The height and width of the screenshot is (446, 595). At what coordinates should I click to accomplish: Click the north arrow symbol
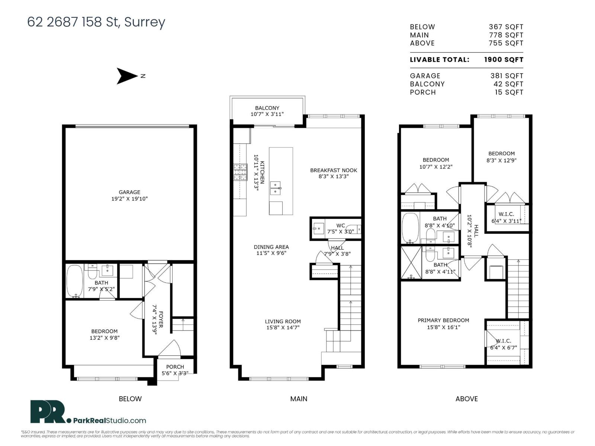[x=127, y=76]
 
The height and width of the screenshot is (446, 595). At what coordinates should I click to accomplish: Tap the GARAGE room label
[x=129, y=192]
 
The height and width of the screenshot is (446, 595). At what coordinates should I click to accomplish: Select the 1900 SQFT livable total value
[x=504, y=59]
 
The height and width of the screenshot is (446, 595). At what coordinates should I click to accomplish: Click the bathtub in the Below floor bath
[x=75, y=281]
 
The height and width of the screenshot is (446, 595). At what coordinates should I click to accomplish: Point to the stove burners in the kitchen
[x=240, y=172]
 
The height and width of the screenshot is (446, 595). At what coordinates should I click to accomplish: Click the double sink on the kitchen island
[x=276, y=188]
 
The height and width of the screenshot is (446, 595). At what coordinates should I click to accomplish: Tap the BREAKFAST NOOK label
[x=334, y=170]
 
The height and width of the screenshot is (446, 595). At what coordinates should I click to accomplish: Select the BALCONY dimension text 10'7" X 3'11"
[x=267, y=114]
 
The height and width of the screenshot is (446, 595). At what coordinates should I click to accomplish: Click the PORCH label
[x=175, y=367]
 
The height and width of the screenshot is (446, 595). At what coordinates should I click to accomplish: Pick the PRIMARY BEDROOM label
[x=443, y=320]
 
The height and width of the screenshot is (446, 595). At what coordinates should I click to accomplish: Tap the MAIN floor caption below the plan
[x=299, y=399]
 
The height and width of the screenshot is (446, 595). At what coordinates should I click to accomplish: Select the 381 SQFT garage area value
[x=506, y=76]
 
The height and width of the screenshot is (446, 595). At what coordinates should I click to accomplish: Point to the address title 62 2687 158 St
[x=96, y=22]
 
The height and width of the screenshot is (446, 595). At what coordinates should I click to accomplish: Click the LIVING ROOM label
[x=283, y=321]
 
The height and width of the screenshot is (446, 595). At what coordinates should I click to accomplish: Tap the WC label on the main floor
[x=341, y=226]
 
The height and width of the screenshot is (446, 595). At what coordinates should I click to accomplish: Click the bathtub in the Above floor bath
[x=411, y=228]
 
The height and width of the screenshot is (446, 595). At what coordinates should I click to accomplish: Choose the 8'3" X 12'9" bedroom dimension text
[x=501, y=161]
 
